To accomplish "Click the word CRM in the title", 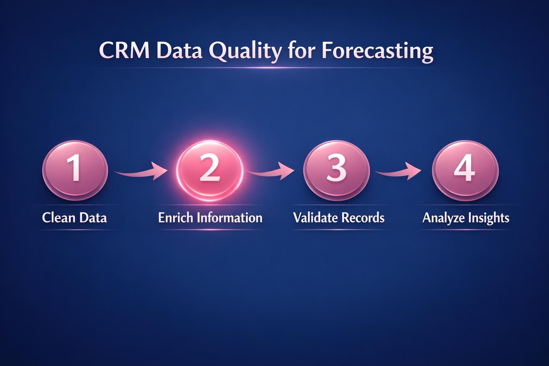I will (124, 51).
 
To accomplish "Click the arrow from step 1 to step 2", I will (141, 171).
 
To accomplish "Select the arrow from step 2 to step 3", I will (271, 171).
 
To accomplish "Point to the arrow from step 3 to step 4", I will (398, 171).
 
